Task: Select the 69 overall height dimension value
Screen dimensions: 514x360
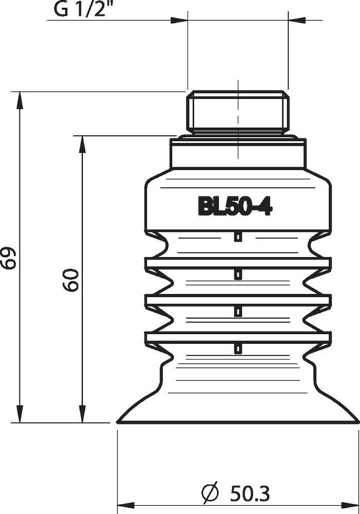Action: coord(9,257)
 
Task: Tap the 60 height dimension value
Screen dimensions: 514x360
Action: coord(71,280)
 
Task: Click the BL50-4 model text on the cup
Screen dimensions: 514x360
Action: coord(235,207)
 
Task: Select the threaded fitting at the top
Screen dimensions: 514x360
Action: coord(238,109)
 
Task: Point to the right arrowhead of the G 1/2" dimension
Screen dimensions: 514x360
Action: coord(296,21)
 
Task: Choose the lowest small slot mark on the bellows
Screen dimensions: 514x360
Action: coord(238,349)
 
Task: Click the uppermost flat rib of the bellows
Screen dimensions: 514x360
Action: coord(238,264)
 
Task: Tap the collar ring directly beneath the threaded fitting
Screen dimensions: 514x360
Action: coord(238,154)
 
